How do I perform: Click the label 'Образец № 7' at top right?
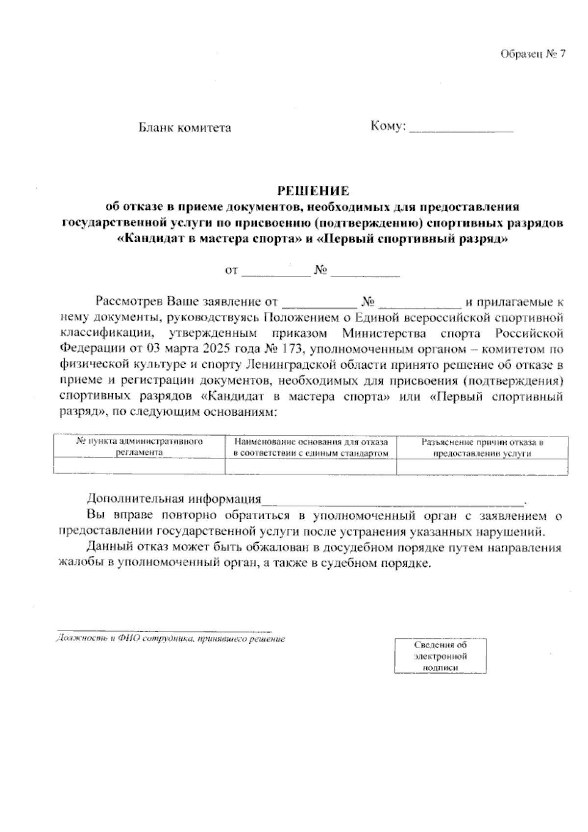click(533, 54)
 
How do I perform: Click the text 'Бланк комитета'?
click(185, 128)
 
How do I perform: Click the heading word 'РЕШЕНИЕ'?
click(313, 190)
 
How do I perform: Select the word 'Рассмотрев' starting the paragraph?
click(130, 302)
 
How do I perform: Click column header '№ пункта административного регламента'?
click(139, 447)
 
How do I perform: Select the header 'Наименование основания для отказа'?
click(311, 442)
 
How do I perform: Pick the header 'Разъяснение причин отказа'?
click(483, 443)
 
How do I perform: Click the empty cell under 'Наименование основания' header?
click(311, 466)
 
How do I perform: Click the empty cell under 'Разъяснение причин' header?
click(482, 466)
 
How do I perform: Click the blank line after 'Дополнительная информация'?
click(392, 500)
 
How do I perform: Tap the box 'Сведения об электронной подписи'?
click(441, 656)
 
